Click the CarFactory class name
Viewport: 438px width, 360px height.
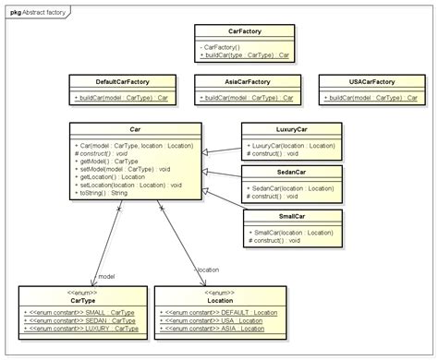point(245,30)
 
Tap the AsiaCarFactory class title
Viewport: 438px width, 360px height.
point(246,81)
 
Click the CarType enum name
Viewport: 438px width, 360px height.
point(81,300)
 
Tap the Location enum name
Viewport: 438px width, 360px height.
point(220,300)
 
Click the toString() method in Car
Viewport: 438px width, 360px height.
point(104,193)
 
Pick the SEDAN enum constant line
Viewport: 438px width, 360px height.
point(80,319)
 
